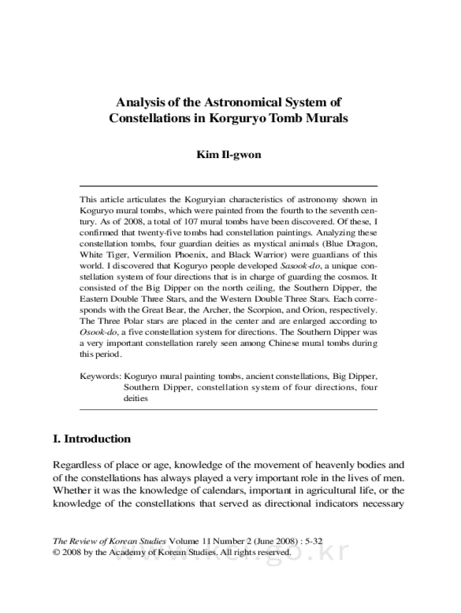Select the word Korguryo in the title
pos(236,118)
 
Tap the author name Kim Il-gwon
pos(229,155)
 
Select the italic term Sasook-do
pos(297,265)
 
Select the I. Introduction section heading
pos(92,439)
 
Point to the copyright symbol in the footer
pos(57,552)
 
